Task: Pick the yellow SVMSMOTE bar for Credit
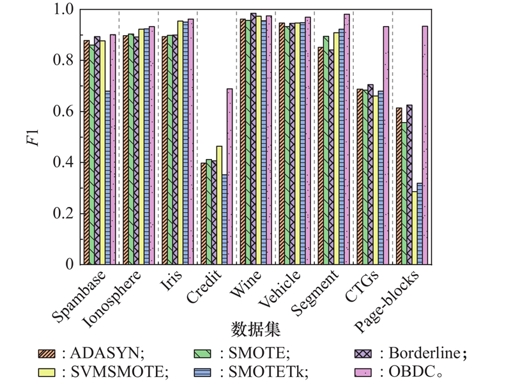click(219, 205)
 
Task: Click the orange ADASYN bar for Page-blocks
click(399, 186)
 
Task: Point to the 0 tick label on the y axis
click(70, 264)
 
